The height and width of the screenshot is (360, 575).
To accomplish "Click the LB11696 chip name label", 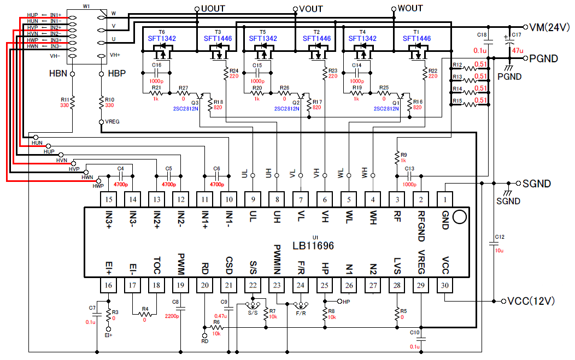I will click(x=313, y=246).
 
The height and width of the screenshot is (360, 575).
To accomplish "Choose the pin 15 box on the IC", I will click(x=109, y=199).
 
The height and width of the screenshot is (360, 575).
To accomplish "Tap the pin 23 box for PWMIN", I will click(x=277, y=285).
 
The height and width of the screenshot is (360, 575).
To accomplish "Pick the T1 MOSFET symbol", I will click(x=418, y=53).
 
